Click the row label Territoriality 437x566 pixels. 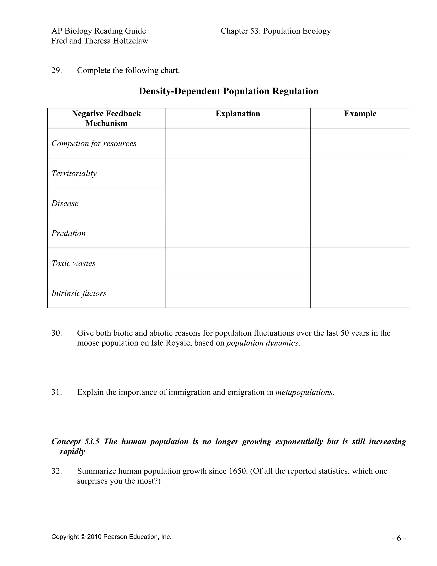74,173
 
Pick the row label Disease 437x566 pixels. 65,203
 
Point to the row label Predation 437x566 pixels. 68,233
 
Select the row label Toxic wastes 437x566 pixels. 73,263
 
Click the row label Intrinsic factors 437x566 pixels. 79,293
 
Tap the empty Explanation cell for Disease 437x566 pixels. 238,203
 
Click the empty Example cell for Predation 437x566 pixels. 360,233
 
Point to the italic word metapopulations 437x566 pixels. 304,392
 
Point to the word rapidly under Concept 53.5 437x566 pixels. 72,452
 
